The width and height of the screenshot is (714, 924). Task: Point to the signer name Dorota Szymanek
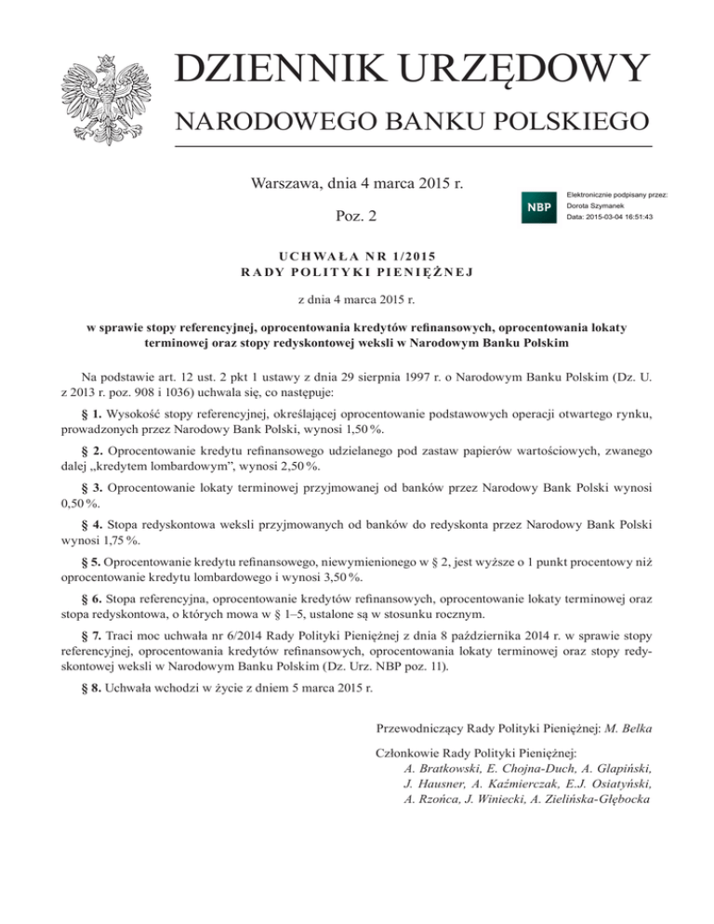[x=596, y=205]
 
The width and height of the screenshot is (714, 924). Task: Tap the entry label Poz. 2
[x=356, y=217]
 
